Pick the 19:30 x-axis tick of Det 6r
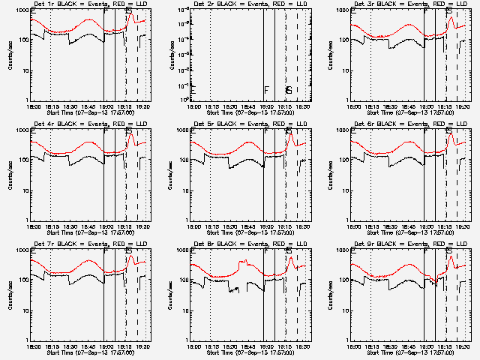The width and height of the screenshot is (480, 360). tap(463, 226)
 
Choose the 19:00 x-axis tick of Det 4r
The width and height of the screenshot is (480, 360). tap(106, 226)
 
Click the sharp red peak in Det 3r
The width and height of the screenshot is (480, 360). tap(450, 18)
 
